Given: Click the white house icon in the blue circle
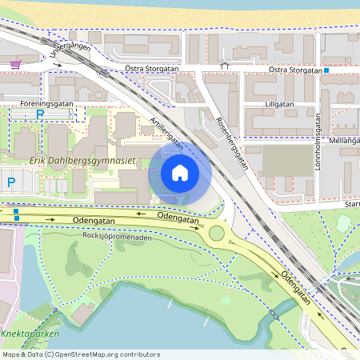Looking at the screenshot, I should coord(180,172).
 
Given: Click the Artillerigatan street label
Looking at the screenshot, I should coord(167,134).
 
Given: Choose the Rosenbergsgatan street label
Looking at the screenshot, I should coord(232,143).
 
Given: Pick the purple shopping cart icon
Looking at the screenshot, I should coord(15,64).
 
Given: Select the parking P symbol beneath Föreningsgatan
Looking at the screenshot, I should coord(40,115).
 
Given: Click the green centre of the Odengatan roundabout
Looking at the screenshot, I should coord(217,233).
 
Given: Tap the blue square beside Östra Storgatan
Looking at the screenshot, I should coord(326,70).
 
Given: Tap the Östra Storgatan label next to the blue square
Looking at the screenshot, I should coord(294,70).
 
